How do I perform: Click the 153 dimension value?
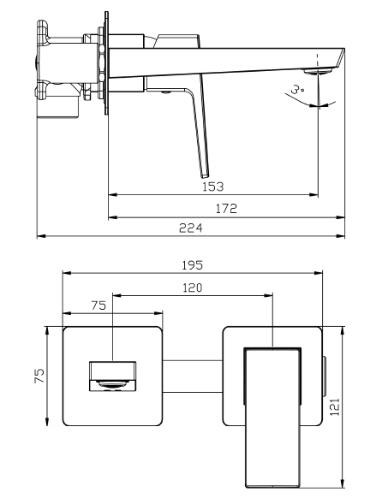tap(212, 187)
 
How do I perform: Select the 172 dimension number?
tap(226, 209)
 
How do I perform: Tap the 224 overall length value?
tap(191, 228)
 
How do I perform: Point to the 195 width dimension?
tap(193, 265)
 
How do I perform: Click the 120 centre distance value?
tap(193, 288)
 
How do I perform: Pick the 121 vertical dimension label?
tap(335, 407)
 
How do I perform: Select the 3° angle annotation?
tap(296, 88)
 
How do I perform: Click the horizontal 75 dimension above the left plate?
tap(98, 305)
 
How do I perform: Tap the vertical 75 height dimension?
tap(39, 376)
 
